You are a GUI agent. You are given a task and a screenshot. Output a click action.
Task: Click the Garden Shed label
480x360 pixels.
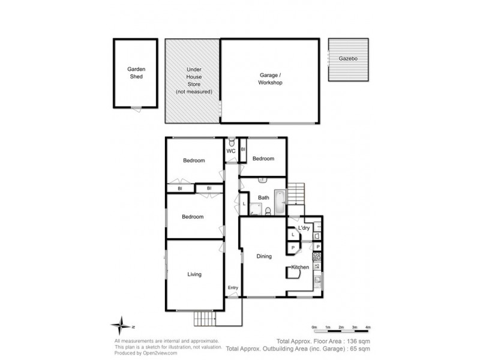tap(136, 73)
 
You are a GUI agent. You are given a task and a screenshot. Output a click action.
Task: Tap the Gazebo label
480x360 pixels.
tap(348, 59)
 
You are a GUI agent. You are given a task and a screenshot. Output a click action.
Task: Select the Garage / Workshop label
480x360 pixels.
tap(270, 79)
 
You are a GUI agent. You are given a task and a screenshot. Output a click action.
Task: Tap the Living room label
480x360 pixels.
tap(194, 274)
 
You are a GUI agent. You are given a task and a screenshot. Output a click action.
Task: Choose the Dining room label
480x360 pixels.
tap(264, 256)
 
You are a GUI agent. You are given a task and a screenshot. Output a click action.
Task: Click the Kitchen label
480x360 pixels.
tap(300, 267)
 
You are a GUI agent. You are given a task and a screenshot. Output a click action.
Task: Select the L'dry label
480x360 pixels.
tap(304, 228)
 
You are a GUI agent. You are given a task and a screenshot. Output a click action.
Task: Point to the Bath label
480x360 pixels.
tap(263, 197)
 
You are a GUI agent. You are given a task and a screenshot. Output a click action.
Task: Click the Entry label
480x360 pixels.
tap(233, 288)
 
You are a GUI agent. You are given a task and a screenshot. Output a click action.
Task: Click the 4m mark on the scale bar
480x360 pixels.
tap(368, 327)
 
